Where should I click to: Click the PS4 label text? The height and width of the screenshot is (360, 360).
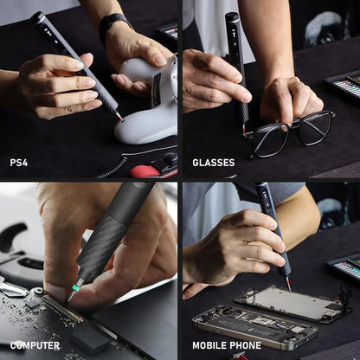point(19,162)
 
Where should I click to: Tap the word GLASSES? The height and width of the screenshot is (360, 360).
point(213,163)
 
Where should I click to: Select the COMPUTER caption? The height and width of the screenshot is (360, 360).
point(35,345)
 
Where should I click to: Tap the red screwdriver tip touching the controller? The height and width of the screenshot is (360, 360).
point(119,116)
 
